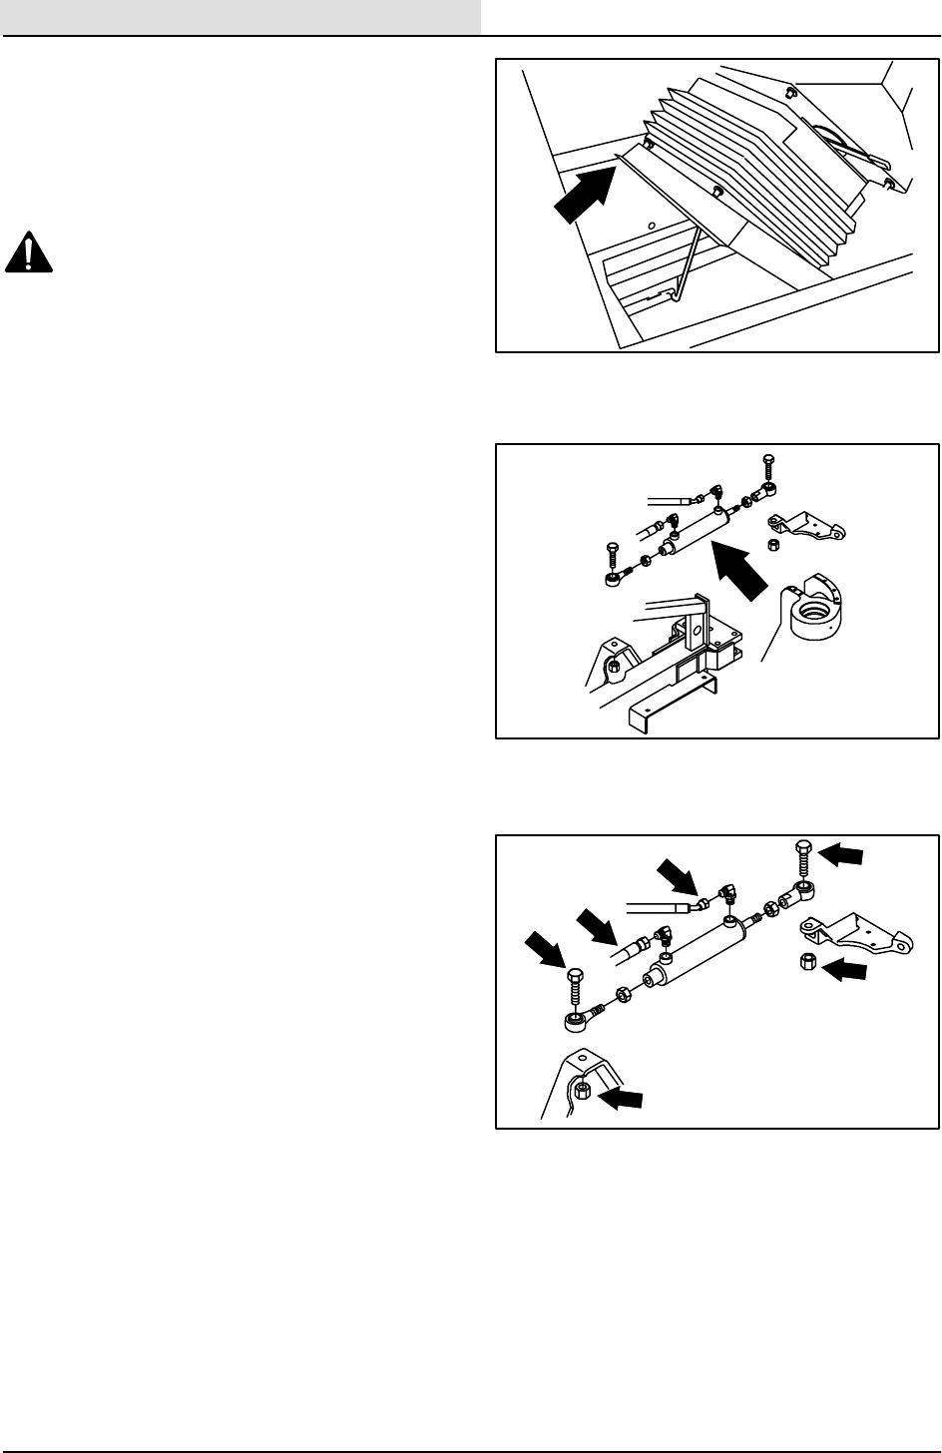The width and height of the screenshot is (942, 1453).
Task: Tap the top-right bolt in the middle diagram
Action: [767, 466]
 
